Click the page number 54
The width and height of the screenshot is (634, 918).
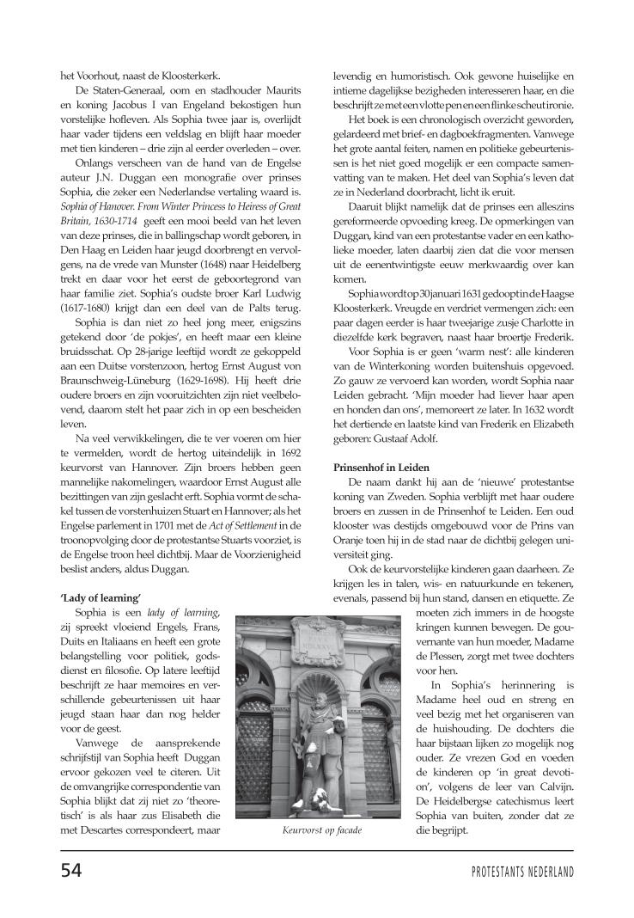(70, 870)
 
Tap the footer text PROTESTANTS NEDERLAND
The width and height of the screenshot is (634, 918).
(522, 871)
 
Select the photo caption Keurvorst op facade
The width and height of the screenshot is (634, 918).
(321, 830)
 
